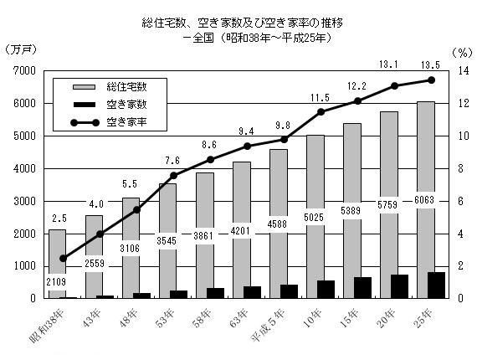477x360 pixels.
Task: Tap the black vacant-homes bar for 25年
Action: [436, 285]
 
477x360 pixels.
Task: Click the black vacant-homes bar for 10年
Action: [326, 290]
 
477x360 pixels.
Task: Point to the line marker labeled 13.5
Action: [431, 80]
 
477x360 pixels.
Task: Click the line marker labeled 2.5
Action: [63, 258]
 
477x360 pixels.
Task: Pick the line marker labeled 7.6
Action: [173, 176]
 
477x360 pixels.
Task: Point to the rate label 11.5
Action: [321, 98]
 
